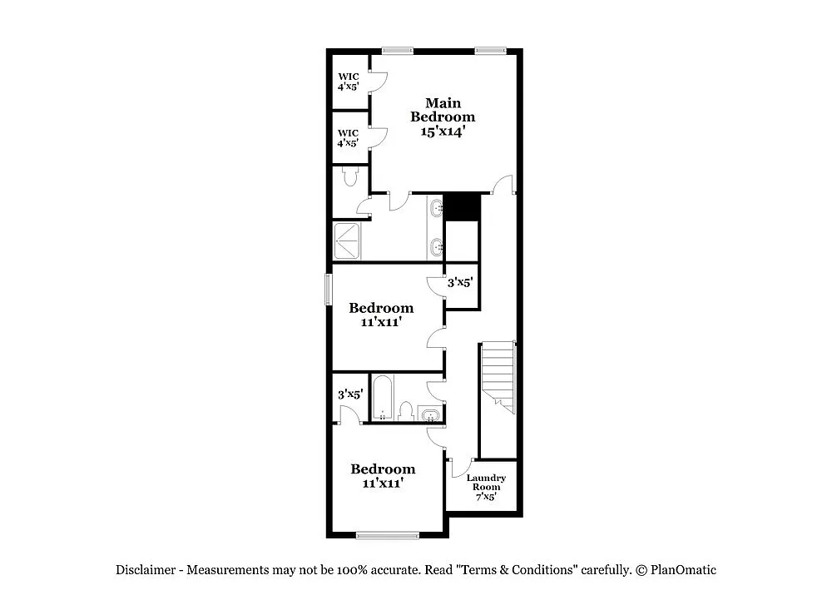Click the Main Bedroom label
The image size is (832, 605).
443,117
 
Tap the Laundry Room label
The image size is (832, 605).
486,487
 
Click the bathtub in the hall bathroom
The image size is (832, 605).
382,397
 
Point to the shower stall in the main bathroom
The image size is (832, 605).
349,240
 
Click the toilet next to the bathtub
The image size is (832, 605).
406,410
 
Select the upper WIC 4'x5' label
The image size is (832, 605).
348,81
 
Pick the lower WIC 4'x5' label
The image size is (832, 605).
348,137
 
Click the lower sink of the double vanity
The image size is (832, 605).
437,246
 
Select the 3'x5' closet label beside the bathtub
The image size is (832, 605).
349,394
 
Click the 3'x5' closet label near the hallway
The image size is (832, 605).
460,283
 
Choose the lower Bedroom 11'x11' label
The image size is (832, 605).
382,475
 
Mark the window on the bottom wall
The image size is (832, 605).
388,534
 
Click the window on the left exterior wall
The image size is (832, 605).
328,290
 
